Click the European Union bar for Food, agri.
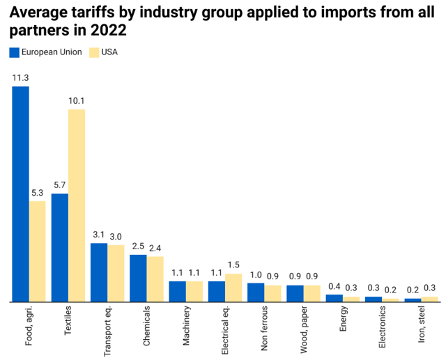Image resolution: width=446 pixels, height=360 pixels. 20,194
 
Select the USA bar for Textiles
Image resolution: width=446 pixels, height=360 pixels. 77,205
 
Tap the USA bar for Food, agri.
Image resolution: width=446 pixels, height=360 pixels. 37,251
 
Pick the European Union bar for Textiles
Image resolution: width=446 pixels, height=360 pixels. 60,248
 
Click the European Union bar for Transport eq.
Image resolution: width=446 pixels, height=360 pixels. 99,272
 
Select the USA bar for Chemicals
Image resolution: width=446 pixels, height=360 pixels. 155,279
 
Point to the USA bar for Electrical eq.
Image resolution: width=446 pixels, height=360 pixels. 233,288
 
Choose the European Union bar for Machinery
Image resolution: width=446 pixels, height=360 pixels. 177,291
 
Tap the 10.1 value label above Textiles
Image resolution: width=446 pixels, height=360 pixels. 77,101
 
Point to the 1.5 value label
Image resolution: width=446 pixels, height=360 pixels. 233,265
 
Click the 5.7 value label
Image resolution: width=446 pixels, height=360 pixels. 60,185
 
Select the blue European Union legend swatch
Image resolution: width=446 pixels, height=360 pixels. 15,52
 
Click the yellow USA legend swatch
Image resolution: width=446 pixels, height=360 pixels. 95,52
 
